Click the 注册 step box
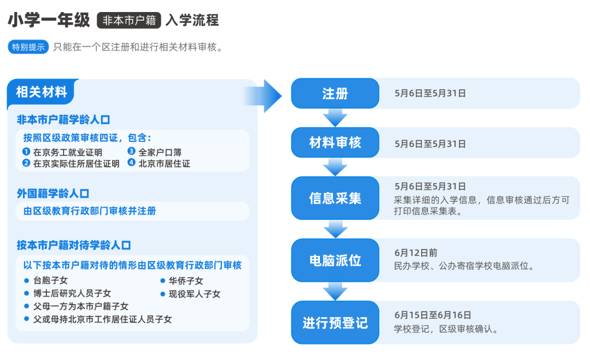pos(335,93)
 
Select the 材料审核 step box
pos(335,143)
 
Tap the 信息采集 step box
pos(335,198)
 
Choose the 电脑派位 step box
pos(335,260)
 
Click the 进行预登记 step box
pos(335,322)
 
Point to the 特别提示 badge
pos(29,47)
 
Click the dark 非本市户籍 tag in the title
pos(129,21)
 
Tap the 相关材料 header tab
pos(42,92)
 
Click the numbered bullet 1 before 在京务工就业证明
pos(26,152)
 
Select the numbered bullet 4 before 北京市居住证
pos(131,163)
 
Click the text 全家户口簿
pos(160,152)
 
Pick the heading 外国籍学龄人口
pos(53,193)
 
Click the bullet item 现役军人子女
pos(194,294)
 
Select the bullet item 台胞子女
pos(50,280)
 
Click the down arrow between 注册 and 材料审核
pos(335,118)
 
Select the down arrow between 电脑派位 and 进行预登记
pos(335,292)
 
